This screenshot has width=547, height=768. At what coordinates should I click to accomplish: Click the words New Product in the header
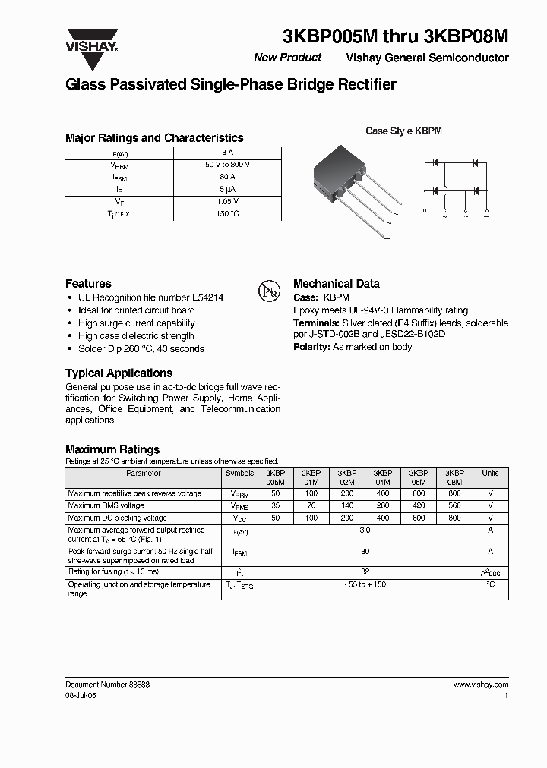pos(287,58)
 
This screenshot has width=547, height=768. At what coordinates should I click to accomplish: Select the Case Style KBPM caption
pos(403,131)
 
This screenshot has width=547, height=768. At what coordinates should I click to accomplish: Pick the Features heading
pos(88,283)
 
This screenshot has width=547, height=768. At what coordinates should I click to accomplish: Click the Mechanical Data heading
pos(336,283)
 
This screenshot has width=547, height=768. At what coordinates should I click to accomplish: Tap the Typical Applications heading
pos(119,373)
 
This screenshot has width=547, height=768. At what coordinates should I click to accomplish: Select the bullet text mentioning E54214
pos(150,297)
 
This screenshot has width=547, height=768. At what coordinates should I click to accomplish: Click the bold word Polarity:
pos(311,346)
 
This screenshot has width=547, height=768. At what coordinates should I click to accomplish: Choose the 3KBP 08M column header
pos(454,477)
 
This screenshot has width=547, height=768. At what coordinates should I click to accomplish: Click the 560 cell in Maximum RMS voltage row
pos(454,505)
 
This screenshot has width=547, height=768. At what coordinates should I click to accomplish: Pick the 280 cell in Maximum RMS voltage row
pos(382,505)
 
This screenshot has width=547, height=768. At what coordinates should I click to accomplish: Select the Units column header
pos(490,473)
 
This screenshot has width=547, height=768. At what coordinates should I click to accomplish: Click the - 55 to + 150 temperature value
pos(365,585)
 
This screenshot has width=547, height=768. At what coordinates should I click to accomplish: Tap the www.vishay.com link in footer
pos(481,685)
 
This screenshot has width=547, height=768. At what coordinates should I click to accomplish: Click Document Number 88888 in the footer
pos(107,685)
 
